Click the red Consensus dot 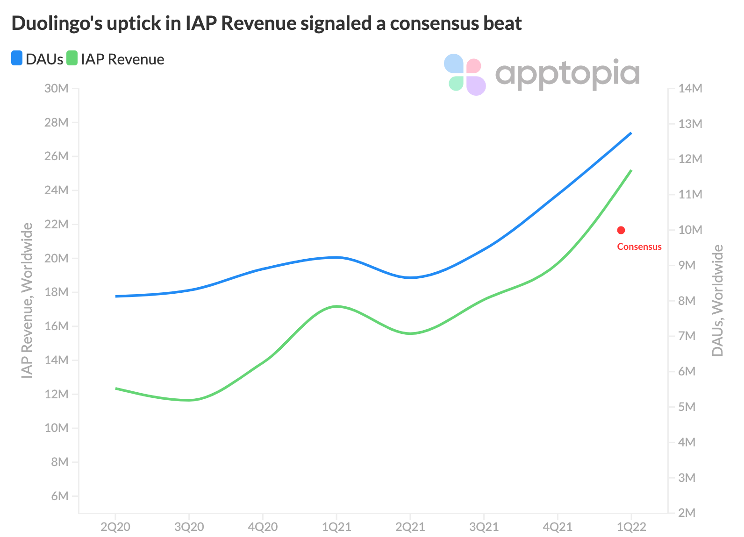pyautogui.click(x=621, y=230)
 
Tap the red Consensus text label pyautogui.click(x=639, y=247)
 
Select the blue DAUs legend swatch pyautogui.click(x=17, y=59)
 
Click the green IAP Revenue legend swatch pyautogui.click(x=72, y=59)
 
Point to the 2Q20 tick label pyautogui.click(x=115, y=527)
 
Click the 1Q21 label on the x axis pyautogui.click(x=336, y=527)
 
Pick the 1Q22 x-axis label pyautogui.click(x=631, y=527)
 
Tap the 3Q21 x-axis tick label pyautogui.click(x=484, y=527)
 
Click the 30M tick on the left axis pyautogui.click(x=57, y=89)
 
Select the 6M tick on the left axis pyautogui.click(x=59, y=496)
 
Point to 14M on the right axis pyautogui.click(x=691, y=89)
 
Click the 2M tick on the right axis pyautogui.click(x=687, y=513)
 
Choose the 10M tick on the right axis pyautogui.click(x=691, y=230)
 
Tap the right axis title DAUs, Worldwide pyautogui.click(x=717, y=301)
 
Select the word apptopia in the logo pyautogui.click(x=567, y=75)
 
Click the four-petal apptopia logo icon pyautogui.click(x=465, y=75)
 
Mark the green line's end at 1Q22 pyautogui.click(x=631, y=170)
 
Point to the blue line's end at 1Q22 pyautogui.click(x=631, y=133)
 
